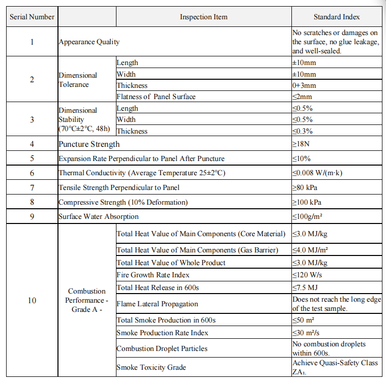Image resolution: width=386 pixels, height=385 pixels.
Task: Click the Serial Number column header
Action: (x=32, y=17)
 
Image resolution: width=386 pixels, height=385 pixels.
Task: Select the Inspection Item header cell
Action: (x=203, y=17)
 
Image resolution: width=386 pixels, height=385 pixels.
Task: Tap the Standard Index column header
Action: (x=337, y=17)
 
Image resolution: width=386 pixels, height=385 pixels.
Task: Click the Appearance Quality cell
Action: (x=90, y=42)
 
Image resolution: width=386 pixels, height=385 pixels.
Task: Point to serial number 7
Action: (x=32, y=187)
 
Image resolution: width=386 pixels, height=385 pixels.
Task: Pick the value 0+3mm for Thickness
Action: (x=304, y=85)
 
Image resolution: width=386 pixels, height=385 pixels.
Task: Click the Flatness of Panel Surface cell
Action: (x=156, y=97)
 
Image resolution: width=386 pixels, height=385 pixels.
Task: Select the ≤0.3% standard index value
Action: (x=302, y=131)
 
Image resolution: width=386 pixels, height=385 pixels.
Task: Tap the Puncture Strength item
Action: (x=89, y=144)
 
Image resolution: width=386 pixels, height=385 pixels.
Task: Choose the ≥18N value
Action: (x=301, y=144)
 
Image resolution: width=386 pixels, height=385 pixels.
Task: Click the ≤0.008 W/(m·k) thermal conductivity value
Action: (x=317, y=173)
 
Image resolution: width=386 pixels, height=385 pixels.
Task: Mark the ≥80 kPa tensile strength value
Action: (x=305, y=187)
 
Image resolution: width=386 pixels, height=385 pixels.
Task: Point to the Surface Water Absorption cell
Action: (x=99, y=216)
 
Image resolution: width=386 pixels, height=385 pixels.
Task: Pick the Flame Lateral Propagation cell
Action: (x=157, y=304)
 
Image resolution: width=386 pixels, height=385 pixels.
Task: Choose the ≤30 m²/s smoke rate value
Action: (x=306, y=333)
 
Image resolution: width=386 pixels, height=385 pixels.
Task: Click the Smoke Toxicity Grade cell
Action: (x=151, y=367)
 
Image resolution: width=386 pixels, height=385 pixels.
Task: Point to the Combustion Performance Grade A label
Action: (x=87, y=300)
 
